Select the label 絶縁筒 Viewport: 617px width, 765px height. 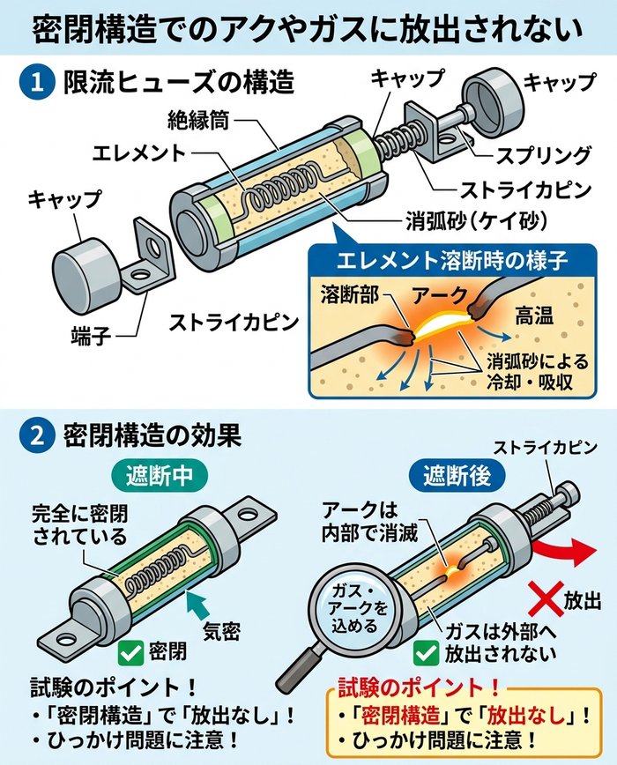pyautogui.click(x=198, y=119)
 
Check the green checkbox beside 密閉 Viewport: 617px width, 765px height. pyautogui.click(x=132, y=652)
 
